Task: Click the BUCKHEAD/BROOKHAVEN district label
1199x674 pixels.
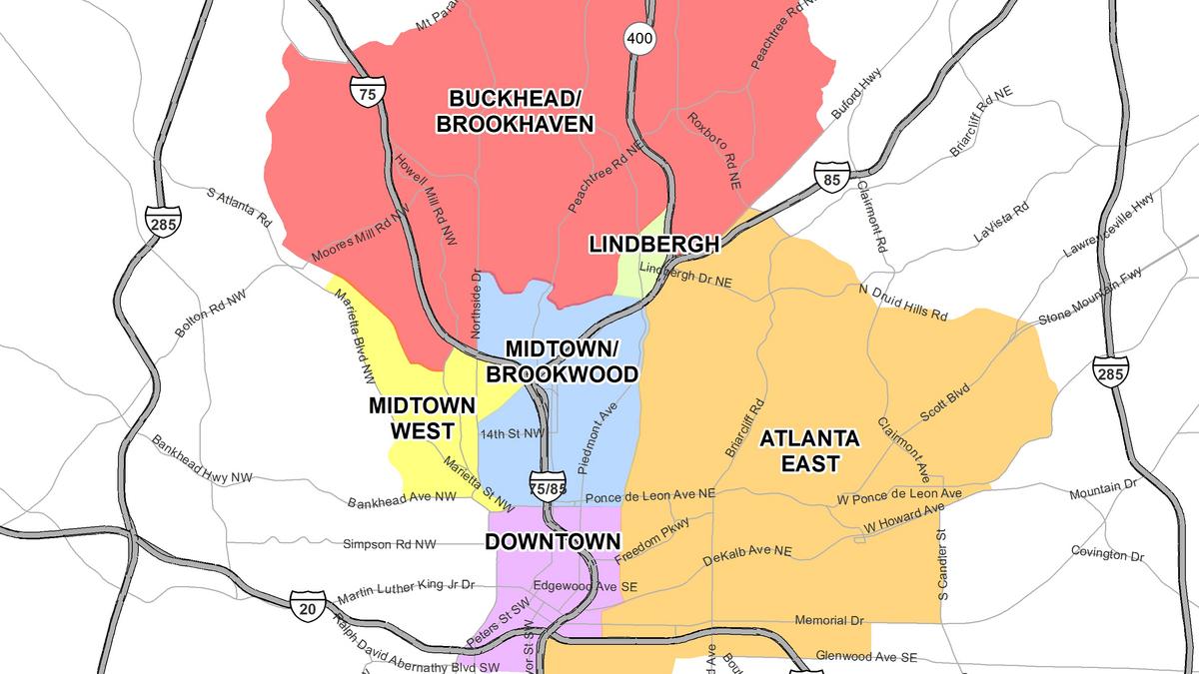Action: pyautogui.click(x=521, y=111)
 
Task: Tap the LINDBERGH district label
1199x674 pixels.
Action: pyautogui.click(x=653, y=244)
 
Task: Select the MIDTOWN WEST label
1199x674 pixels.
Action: pyautogui.click(x=411, y=418)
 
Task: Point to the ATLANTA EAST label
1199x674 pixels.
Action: pyautogui.click(x=809, y=450)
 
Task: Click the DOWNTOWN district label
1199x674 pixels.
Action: pyautogui.click(x=553, y=541)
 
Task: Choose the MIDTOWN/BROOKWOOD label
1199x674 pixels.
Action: pyautogui.click(x=562, y=360)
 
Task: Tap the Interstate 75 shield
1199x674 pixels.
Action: pyautogui.click(x=367, y=93)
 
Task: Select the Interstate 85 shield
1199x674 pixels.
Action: pyautogui.click(x=830, y=178)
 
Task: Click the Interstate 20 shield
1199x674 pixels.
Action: pyautogui.click(x=308, y=606)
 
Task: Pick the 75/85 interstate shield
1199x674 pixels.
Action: pyautogui.click(x=547, y=481)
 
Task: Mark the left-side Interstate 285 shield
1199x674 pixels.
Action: pyautogui.click(x=161, y=222)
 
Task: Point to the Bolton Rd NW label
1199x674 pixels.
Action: pyautogui.click(x=209, y=315)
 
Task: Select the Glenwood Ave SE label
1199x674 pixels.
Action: pyautogui.click(x=866, y=657)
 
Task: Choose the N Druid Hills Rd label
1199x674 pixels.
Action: pyautogui.click(x=902, y=302)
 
